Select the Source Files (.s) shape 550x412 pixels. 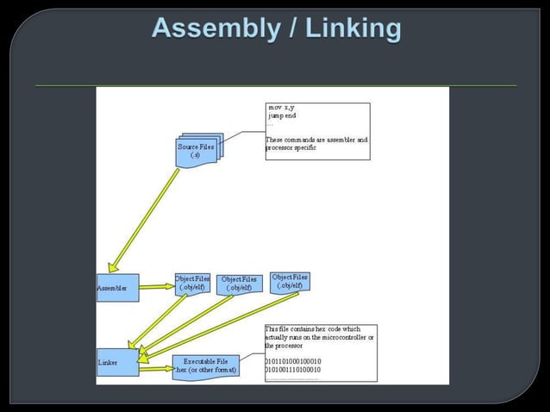tap(197, 151)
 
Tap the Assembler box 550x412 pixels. tap(117, 288)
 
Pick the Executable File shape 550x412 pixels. tap(205, 365)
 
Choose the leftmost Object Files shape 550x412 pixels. tap(191, 283)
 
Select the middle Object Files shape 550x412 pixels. tap(238, 284)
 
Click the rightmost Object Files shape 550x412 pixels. tap(289, 281)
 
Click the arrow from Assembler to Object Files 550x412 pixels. tap(156, 287)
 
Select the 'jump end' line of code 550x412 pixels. tap(284, 116)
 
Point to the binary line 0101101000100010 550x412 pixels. tap(293, 360)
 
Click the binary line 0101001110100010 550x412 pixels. tap(293, 369)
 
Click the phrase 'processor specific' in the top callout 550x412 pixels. tap(291, 147)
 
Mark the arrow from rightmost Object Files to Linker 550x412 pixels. tap(220, 323)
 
